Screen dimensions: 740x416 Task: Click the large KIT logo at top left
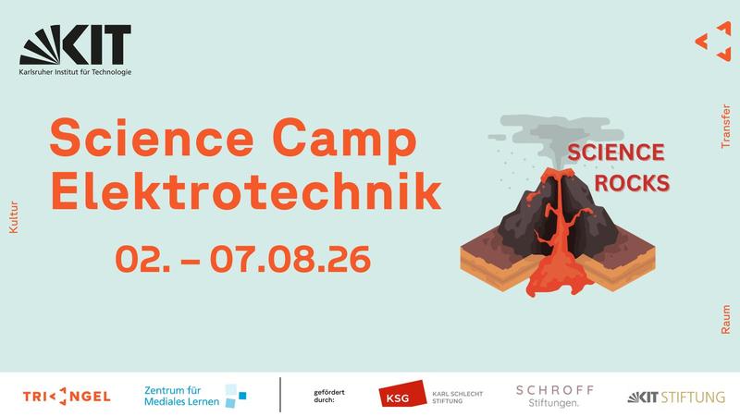click(x=75, y=44)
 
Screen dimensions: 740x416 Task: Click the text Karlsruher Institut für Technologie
click(x=75, y=72)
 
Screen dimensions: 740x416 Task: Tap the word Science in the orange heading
click(x=152, y=137)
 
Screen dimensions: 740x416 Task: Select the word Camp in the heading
click(x=344, y=140)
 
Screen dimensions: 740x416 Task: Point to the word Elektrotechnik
click(x=245, y=190)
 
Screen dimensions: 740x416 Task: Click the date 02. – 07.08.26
click(x=242, y=259)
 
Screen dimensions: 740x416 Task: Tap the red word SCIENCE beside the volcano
click(x=616, y=153)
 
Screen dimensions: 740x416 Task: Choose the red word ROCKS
click(x=632, y=183)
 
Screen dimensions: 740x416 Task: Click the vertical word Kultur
click(x=13, y=217)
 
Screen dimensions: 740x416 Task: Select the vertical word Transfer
click(x=726, y=127)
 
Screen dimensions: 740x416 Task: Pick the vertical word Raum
click(x=726, y=319)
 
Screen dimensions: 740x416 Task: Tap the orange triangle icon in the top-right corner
click(x=713, y=42)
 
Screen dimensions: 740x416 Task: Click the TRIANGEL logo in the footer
click(x=67, y=397)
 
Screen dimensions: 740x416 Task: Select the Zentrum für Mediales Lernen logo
click(x=195, y=397)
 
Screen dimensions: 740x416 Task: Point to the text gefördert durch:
click(x=329, y=397)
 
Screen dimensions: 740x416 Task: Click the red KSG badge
click(x=402, y=394)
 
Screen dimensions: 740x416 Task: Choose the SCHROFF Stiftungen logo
click(x=554, y=397)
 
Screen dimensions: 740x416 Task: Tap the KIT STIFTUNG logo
click(x=676, y=398)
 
